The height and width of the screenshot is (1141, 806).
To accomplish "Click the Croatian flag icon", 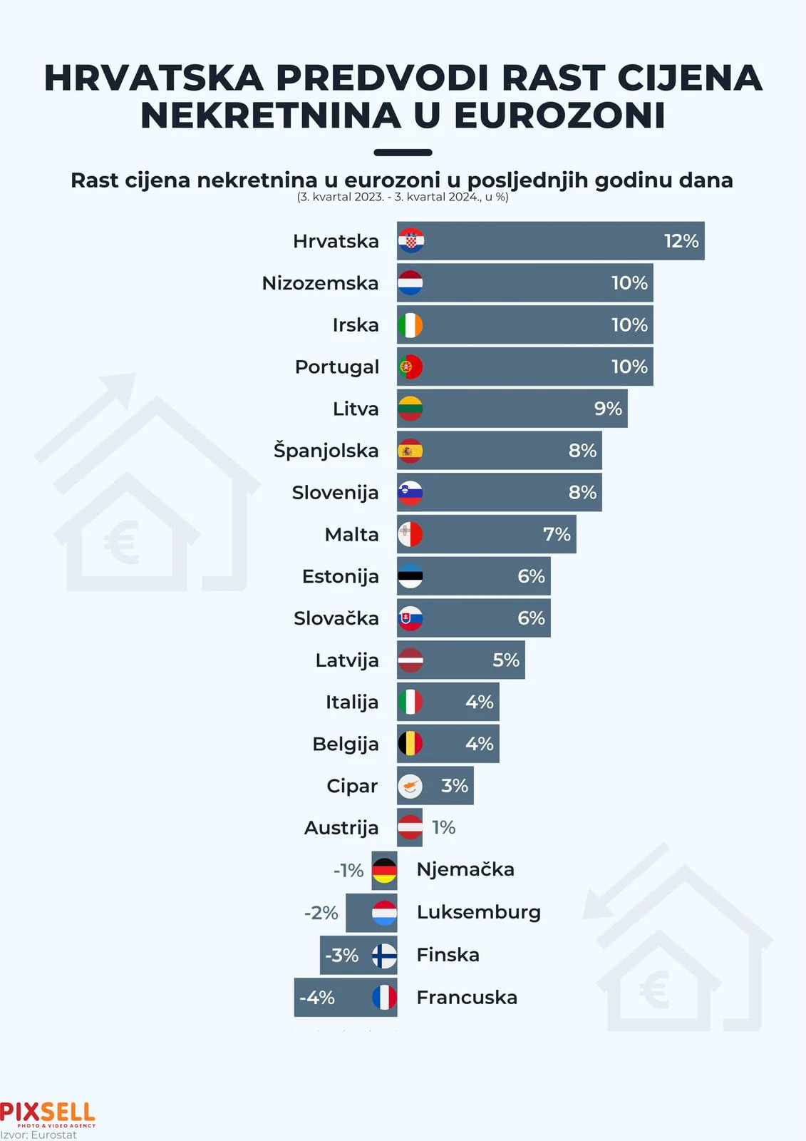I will (410, 241).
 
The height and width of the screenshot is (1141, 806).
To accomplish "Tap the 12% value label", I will (681, 241).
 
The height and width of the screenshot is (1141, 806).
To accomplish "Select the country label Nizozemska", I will (320, 283).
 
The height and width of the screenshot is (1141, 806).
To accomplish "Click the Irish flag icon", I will (410, 325).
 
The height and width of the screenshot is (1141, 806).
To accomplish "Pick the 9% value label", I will (608, 409).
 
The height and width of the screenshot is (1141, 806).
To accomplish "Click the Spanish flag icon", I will (410, 451).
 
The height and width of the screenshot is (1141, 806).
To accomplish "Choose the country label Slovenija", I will (335, 493).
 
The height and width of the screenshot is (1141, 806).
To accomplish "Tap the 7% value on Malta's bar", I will (557, 534).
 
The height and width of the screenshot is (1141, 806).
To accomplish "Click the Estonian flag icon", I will (410, 576).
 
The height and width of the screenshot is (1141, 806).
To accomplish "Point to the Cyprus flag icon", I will (410, 786).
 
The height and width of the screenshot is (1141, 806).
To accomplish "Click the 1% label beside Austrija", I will (443, 827).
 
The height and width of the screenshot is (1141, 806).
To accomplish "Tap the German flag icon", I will (385, 870).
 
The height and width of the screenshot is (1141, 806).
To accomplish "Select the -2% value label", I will (321, 913).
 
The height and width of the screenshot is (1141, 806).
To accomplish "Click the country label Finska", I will (448, 955).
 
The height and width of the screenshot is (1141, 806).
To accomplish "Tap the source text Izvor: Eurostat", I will (38, 1135).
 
